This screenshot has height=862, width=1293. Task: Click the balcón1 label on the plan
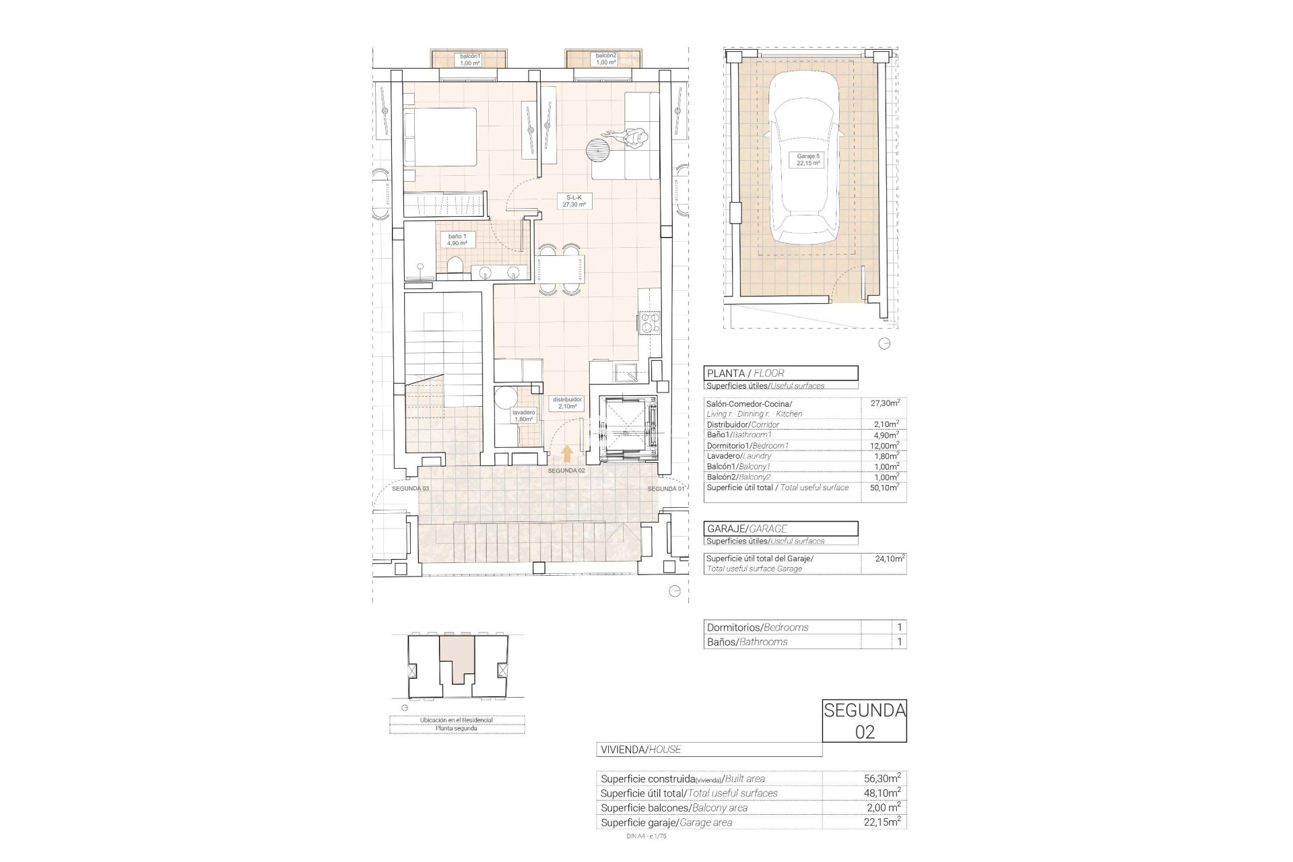click(x=469, y=59)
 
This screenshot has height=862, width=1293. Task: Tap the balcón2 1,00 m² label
click(x=605, y=59)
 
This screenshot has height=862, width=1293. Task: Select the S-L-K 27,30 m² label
click(x=574, y=201)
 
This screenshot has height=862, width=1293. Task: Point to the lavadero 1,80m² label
click(x=523, y=415)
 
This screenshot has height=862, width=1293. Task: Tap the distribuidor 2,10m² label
click(x=567, y=403)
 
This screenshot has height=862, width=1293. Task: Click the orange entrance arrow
click(x=567, y=453)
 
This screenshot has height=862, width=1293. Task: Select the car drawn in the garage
click(x=805, y=158)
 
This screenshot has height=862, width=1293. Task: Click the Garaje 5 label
click(x=808, y=160)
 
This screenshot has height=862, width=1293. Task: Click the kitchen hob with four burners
click(x=650, y=323)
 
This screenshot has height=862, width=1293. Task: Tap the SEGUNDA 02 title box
click(x=865, y=721)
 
